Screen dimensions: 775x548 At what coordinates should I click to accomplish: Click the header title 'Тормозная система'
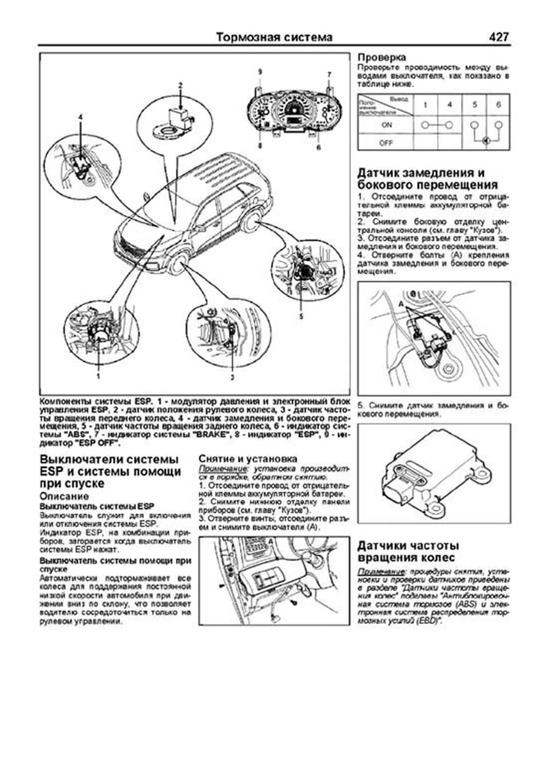tap(274, 37)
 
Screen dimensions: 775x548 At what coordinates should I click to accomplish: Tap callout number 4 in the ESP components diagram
tap(80, 117)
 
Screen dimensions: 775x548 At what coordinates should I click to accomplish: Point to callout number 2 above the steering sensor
tap(180, 85)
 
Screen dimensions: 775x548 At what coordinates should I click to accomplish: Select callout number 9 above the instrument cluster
tap(259, 72)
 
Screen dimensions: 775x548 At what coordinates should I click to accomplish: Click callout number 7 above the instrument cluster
tap(328, 74)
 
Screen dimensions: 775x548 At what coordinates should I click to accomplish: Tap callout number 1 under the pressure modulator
tap(98, 376)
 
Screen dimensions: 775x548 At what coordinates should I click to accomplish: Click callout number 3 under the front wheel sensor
tap(232, 377)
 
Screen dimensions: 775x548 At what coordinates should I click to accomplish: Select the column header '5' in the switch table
tap(474, 105)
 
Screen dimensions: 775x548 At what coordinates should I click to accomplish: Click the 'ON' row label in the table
tap(386, 125)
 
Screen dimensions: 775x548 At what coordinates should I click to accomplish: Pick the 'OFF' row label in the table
tap(386, 142)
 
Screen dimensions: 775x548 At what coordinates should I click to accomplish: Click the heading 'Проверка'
tap(381, 58)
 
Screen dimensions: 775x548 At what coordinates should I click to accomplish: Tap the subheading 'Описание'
tap(64, 496)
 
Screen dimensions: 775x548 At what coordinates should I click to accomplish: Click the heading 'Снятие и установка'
tap(248, 459)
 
